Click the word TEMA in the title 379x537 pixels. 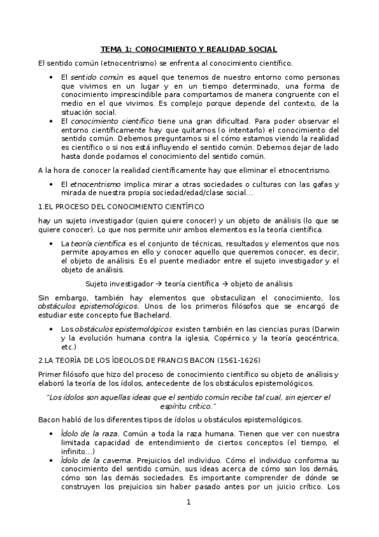113,49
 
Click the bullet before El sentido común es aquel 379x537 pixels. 51,77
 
